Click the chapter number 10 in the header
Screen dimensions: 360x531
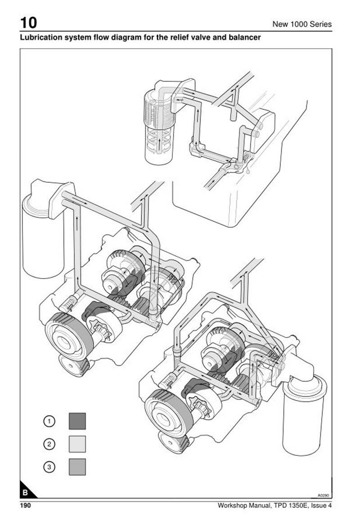pyautogui.click(x=28, y=22)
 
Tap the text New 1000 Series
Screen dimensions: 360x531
pyautogui.click(x=302, y=24)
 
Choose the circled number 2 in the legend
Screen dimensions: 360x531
pyautogui.click(x=49, y=444)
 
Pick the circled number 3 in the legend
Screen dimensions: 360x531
pyautogui.click(x=49, y=467)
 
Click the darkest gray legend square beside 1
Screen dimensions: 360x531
pyautogui.click(x=77, y=421)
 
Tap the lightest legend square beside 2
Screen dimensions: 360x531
pyautogui.click(x=77, y=444)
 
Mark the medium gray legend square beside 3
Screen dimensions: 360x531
pyautogui.click(x=77, y=467)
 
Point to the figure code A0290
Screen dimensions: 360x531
pyautogui.click(x=323, y=495)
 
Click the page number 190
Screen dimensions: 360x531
pyautogui.click(x=25, y=506)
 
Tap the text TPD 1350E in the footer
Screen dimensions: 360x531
pyautogui.click(x=288, y=506)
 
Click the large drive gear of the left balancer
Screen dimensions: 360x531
pyautogui.click(x=69, y=336)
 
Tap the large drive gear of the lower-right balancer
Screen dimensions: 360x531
pyautogui.click(x=169, y=413)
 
